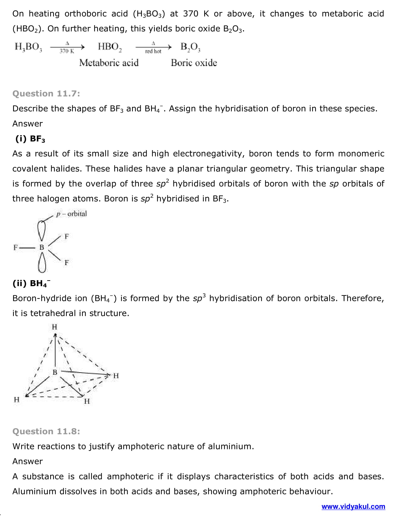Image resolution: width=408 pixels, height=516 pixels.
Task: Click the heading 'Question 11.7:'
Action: pyautogui.click(x=46, y=94)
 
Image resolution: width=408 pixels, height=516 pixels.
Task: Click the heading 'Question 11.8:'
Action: pyautogui.click(x=46, y=431)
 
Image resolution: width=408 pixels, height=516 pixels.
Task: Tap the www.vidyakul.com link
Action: pyautogui.click(x=353, y=507)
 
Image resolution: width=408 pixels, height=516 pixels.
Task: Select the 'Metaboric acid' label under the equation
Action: pyautogui.click(x=109, y=63)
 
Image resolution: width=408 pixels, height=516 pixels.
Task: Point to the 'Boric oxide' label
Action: pyautogui.click(x=194, y=63)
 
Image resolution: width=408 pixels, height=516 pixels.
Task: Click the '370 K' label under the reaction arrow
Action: pyautogui.click(x=67, y=51)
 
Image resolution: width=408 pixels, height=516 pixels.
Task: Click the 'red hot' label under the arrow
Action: pyautogui.click(x=153, y=51)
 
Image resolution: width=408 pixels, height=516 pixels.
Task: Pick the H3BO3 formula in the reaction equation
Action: pyautogui.click(x=28, y=47)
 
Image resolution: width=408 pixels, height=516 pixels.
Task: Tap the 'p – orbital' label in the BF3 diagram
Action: pyautogui.click(x=72, y=214)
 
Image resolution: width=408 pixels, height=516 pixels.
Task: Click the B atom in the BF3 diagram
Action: pyautogui.click(x=42, y=247)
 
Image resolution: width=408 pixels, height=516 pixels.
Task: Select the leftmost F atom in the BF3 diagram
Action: pyautogui.click(x=15, y=247)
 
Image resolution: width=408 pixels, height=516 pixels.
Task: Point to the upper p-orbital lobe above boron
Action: pyautogui.click(x=42, y=230)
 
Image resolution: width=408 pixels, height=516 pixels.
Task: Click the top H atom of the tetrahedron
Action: pyautogui.click(x=54, y=327)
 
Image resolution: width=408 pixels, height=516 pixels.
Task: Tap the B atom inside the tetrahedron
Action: pyautogui.click(x=55, y=372)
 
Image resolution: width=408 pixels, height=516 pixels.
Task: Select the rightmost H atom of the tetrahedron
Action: pyautogui.click(x=116, y=376)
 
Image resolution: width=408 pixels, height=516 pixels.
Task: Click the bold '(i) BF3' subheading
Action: pyautogui.click(x=30, y=139)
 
